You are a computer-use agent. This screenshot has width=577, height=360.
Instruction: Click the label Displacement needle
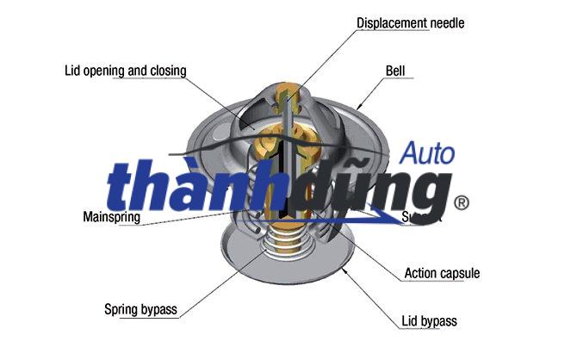click(410, 23)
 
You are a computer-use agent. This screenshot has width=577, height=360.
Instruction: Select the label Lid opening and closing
click(126, 70)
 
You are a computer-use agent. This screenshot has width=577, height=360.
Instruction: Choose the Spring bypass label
click(140, 308)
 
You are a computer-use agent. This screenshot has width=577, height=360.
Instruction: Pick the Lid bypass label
click(429, 321)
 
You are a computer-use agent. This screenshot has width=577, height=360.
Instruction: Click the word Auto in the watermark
click(428, 155)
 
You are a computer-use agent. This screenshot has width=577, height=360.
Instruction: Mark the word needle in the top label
click(447, 23)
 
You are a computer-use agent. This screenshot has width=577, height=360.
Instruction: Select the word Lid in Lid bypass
click(410, 321)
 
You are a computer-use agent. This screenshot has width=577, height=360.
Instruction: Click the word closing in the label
click(165, 70)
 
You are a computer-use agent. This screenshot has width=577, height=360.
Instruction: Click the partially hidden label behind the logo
click(423, 219)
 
